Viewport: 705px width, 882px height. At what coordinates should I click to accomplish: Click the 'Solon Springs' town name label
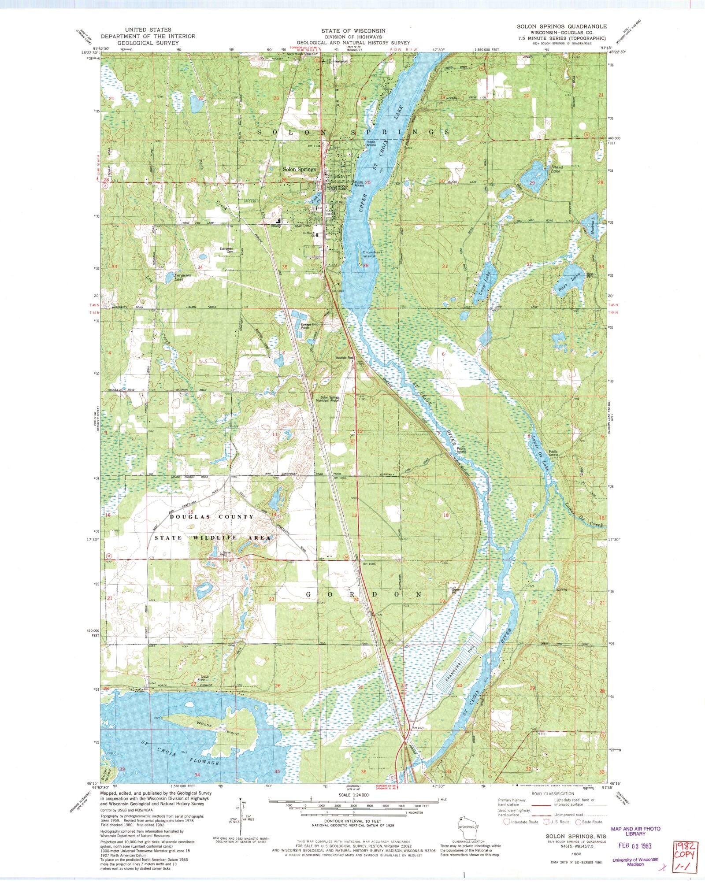pos(299,169)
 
